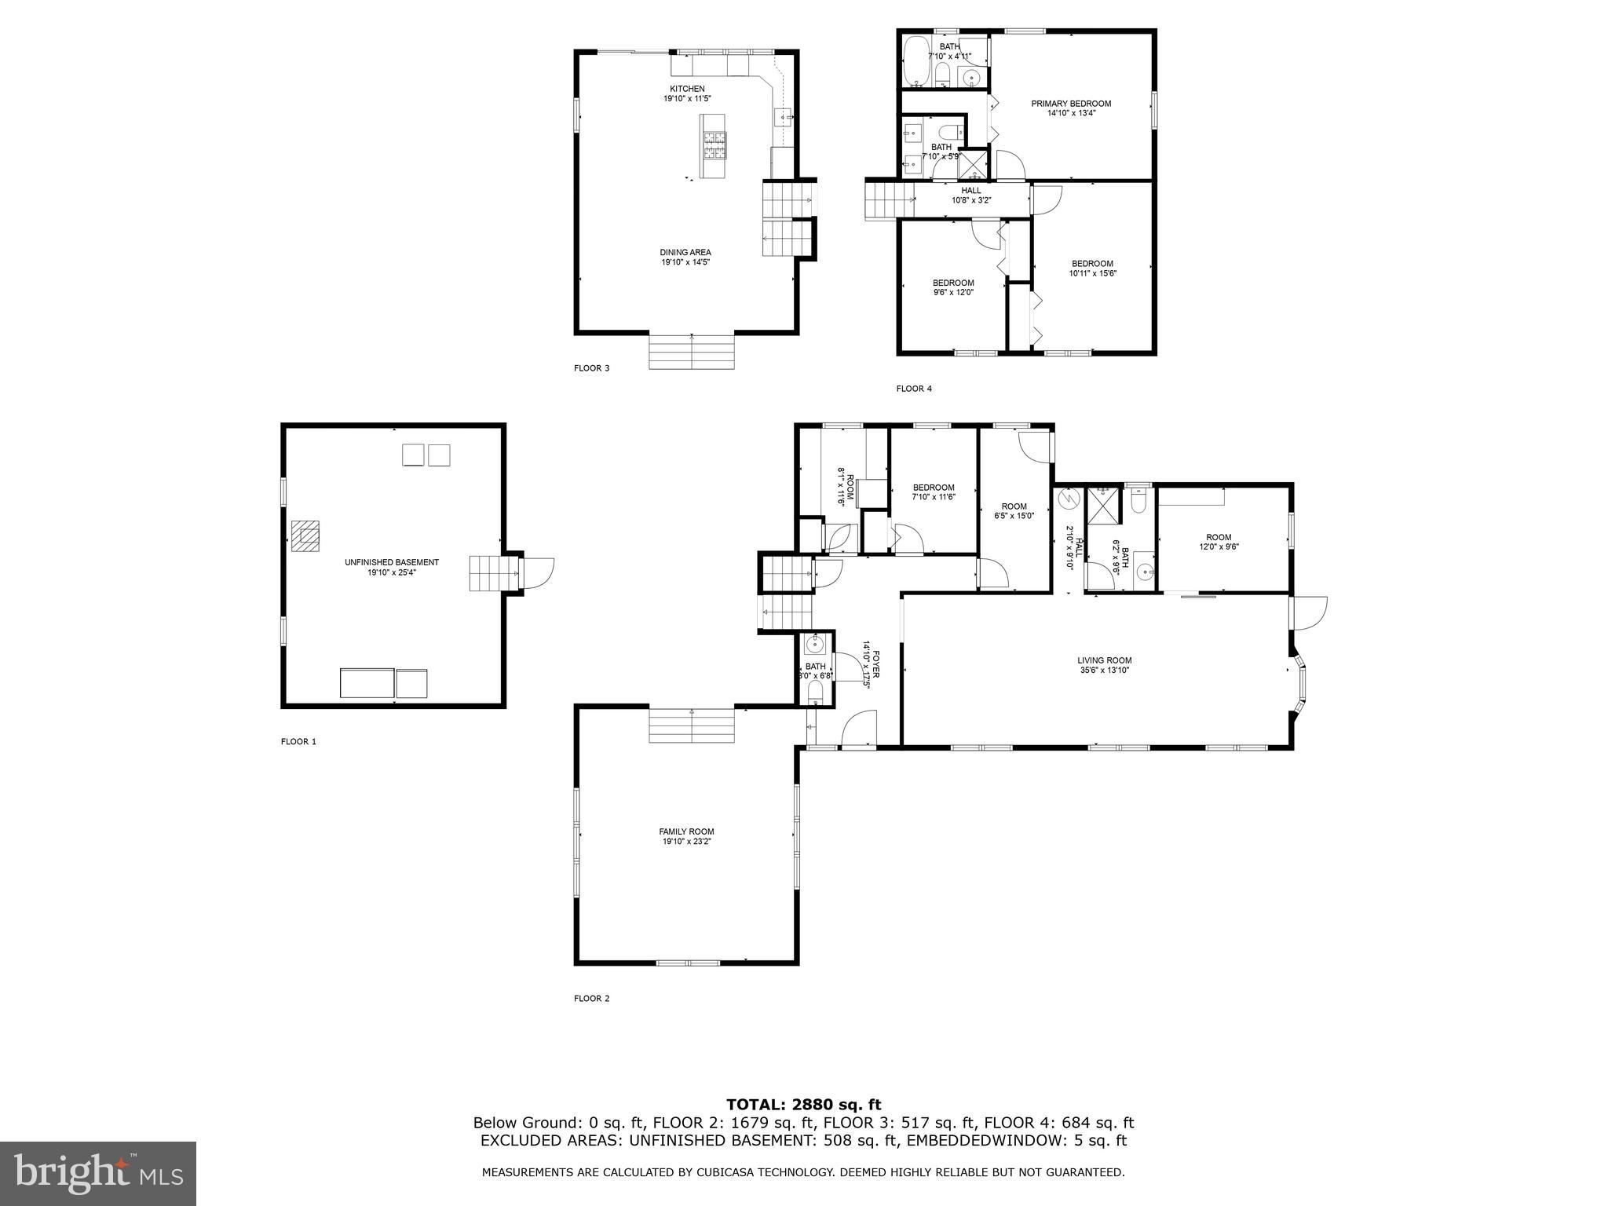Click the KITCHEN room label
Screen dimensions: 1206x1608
coord(687,89)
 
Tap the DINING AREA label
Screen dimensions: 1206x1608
coord(685,253)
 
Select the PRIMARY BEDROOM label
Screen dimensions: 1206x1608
coord(1071,104)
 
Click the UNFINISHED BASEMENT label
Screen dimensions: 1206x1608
coord(392,563)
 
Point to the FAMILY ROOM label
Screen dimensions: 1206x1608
coord(686,831)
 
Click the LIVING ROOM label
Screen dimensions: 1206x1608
coord(1104,660)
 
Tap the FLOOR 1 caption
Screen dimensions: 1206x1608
coord(298,741)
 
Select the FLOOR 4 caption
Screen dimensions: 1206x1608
coord(914,389)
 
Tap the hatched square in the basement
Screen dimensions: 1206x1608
coord(305,536)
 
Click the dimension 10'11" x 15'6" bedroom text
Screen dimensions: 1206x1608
coord(1092,273)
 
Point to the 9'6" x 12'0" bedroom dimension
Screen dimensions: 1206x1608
coord(953,292)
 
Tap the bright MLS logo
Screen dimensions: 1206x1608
coord(98,1174)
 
